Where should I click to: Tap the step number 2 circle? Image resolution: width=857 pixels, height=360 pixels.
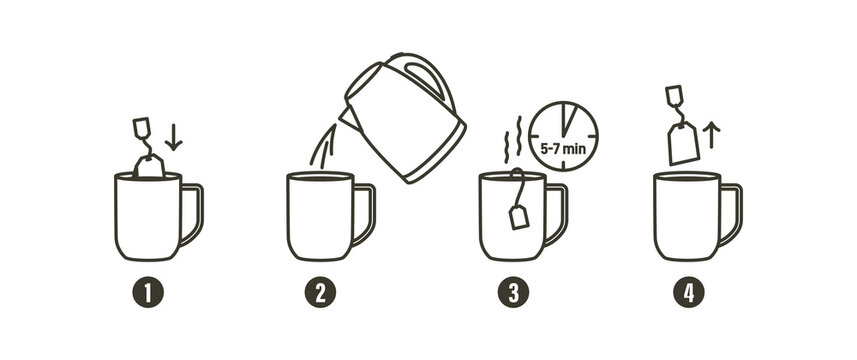(x=321, y=293)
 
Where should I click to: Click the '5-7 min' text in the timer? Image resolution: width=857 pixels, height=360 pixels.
(x=564, y=147)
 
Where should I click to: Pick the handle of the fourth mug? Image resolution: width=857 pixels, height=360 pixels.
(x=733, y=213)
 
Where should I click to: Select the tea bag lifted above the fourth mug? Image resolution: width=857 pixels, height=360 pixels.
(x=683, y=143)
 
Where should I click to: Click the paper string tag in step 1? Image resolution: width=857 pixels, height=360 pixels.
(x=141, y=127)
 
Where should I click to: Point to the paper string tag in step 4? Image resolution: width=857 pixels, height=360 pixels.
(x=673, y=95)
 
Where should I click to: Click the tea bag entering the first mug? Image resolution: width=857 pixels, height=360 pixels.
(x=150, y=167)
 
